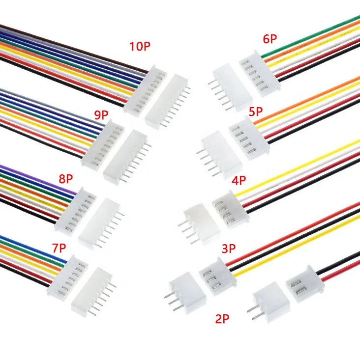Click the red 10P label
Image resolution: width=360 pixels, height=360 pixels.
(140, 47)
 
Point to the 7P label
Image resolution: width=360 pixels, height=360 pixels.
(59, 248)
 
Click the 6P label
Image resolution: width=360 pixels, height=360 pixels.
(270, 39)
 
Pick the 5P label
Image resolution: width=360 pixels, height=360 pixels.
(256, 112)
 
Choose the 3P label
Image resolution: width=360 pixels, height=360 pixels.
(228, 249)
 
